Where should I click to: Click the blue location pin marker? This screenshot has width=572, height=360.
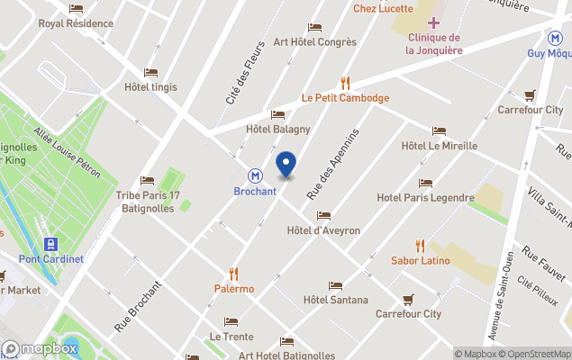286,164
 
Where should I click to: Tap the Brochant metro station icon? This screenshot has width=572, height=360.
256,176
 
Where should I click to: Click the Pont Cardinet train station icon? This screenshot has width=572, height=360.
50,244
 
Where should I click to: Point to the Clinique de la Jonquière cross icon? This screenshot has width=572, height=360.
434,22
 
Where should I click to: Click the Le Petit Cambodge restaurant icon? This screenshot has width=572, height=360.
345,83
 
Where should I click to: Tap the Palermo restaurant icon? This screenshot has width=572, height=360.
233,274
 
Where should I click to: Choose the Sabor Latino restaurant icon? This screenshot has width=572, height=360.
420,245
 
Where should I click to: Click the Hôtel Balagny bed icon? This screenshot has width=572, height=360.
277,114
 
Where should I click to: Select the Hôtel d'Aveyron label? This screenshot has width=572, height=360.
322,230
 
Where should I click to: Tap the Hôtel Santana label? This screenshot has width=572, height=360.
335,300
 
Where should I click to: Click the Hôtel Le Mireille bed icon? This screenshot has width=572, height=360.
439,130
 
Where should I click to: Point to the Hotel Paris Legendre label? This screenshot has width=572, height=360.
425,197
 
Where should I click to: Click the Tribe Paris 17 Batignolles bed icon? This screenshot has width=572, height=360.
148,180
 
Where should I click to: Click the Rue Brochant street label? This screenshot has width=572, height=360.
138,307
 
